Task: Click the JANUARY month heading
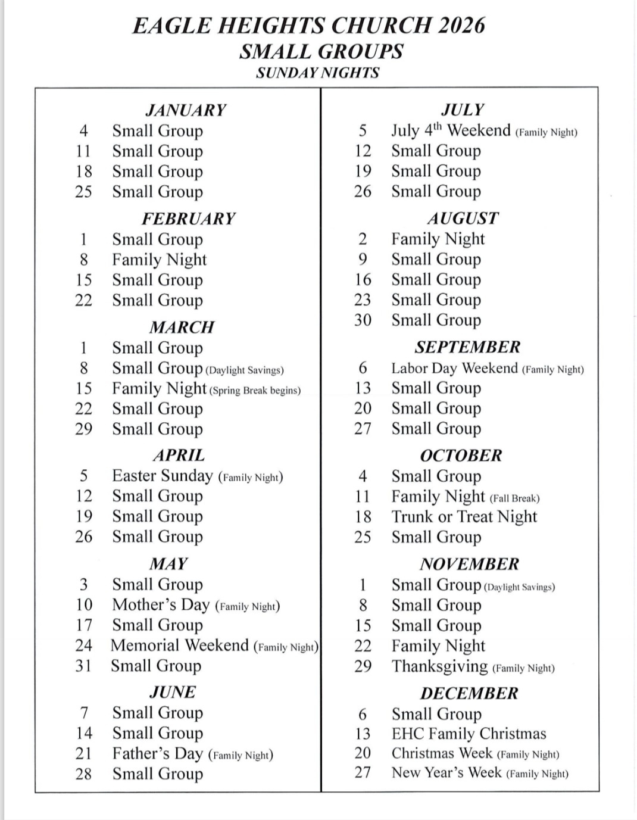point(186,110)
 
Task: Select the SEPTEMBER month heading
point(467,347)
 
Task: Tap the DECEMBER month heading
point(469,693)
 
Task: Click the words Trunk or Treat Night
point(464,517)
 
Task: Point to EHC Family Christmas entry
point(469,734)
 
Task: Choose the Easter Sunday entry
point(162,476)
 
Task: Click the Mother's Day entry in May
point(161,605)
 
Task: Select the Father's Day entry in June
point(158,754)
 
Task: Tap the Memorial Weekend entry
point(179,646)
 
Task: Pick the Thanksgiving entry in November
point(439,666)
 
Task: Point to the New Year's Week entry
point(446,773)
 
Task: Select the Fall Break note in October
point(514,498)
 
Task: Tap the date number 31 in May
point(84,666)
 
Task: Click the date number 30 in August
point(363,320)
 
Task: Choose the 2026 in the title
point(461,26)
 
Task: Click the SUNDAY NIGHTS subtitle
point(317,73)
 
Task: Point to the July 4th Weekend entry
point(451,130)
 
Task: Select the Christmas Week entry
point(442,753)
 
